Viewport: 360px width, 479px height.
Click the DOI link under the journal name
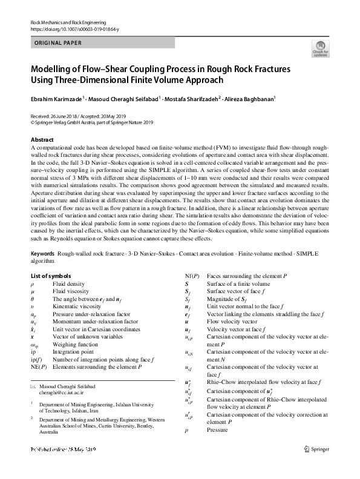74,29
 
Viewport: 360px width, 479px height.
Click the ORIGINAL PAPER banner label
55,43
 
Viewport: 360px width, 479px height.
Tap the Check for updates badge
320,48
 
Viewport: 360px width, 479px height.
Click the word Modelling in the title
53,68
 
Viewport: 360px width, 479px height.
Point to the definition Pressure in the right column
217,430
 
